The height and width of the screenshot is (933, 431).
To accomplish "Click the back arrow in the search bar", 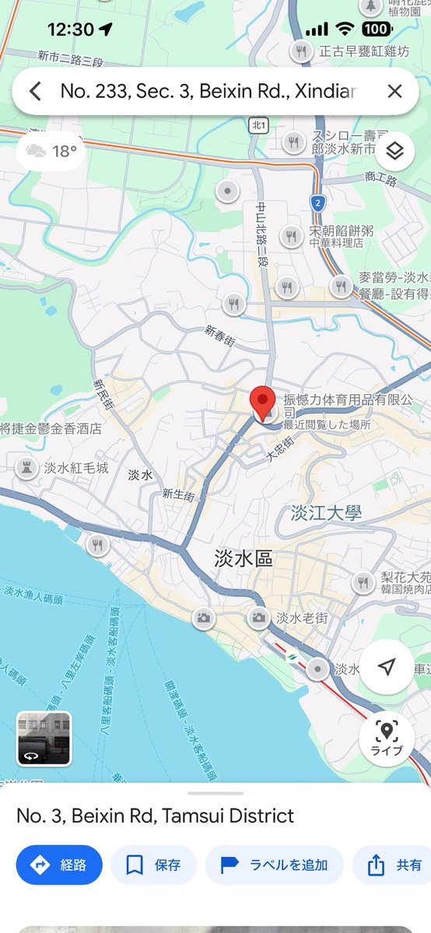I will (35, 92).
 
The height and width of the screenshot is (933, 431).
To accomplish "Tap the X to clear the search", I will (394, 92).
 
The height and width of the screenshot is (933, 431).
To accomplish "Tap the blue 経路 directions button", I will (59, 865).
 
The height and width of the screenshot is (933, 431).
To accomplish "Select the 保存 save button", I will (154, 865).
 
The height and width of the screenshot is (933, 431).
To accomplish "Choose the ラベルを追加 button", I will (275, 865).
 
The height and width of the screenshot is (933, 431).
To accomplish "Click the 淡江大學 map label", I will (327, 513).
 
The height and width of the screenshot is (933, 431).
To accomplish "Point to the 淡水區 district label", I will (244, 558).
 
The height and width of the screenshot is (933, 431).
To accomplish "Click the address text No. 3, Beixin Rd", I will (156, 816).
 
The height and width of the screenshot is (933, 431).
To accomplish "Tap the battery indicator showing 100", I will (377, 30).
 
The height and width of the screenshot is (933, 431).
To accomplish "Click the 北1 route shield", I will (259, 124).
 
